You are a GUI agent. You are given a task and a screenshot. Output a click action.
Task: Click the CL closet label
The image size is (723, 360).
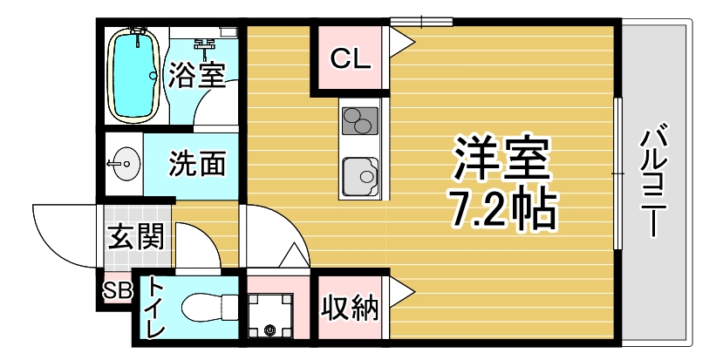351,58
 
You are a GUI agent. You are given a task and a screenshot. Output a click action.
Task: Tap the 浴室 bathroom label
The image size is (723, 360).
196,74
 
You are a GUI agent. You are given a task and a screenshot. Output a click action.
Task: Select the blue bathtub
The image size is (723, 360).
133,75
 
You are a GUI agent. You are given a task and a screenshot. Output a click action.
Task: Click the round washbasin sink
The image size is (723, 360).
124,163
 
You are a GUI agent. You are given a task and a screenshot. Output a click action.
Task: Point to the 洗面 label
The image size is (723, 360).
198,163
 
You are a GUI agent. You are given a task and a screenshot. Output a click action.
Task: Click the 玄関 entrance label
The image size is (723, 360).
135,237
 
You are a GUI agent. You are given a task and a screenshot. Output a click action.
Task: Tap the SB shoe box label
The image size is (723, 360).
117,290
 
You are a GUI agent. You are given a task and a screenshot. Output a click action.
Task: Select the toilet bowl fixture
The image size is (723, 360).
209,306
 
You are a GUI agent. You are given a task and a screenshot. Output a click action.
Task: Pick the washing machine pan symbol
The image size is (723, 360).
269,316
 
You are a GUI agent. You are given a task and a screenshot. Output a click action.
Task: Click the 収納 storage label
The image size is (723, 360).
350,308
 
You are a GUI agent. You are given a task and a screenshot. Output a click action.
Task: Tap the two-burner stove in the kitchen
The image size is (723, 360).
359,121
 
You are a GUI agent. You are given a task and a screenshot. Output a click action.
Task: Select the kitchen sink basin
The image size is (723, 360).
360,177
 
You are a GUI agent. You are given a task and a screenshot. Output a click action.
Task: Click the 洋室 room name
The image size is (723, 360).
501,158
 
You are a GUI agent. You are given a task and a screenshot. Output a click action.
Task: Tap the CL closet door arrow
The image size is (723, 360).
401,42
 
